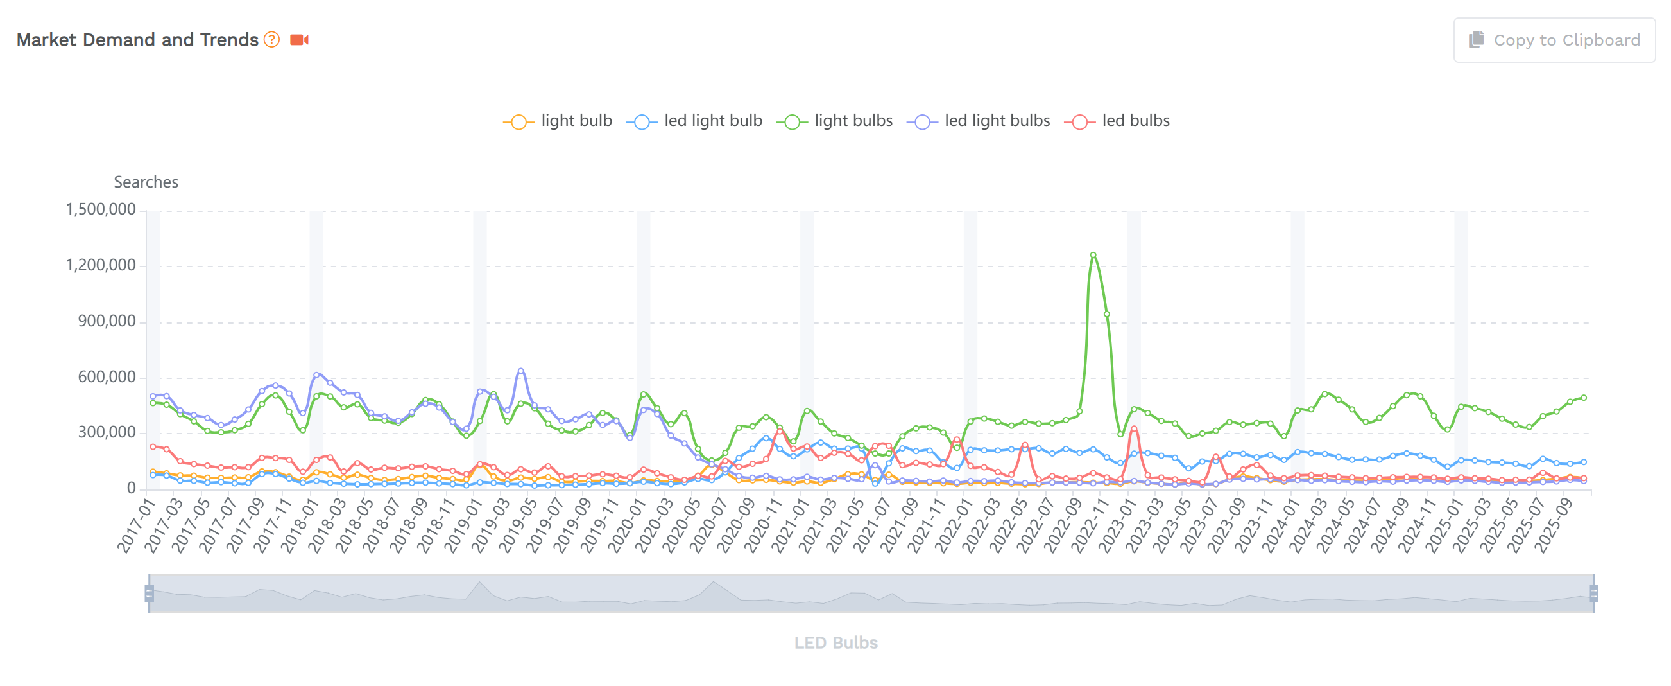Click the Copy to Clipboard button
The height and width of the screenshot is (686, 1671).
[x=1554, y=40]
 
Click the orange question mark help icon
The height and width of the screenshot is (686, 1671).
[x=272, y=40]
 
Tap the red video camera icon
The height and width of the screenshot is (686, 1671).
[x=299, y=40]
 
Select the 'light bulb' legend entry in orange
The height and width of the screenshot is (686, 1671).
[x=558, y=121]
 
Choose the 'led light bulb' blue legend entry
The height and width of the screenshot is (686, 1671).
[x=694, y=121]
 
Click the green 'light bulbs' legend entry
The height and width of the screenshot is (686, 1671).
[x=835, y=121]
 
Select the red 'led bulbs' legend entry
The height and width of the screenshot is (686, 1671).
[x=1117, y=121]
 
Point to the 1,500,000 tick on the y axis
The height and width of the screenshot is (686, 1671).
[x=101, y=209]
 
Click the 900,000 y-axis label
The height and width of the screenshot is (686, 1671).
[x=107, y=321]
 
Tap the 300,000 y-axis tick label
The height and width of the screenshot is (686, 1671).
[x=107, y=432]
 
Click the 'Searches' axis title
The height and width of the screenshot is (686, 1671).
[x=146, y=182]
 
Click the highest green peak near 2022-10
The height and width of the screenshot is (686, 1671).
[x=1093, y=255]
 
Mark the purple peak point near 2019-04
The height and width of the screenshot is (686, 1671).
[x=521, y=371]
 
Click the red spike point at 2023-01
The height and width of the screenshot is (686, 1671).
[x=1134, y=428]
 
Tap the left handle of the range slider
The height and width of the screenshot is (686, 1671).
[x=149, y=594]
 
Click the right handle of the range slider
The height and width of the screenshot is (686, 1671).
[x=1593, y=594]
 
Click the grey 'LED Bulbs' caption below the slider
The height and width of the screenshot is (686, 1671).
[x=835, y=642]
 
